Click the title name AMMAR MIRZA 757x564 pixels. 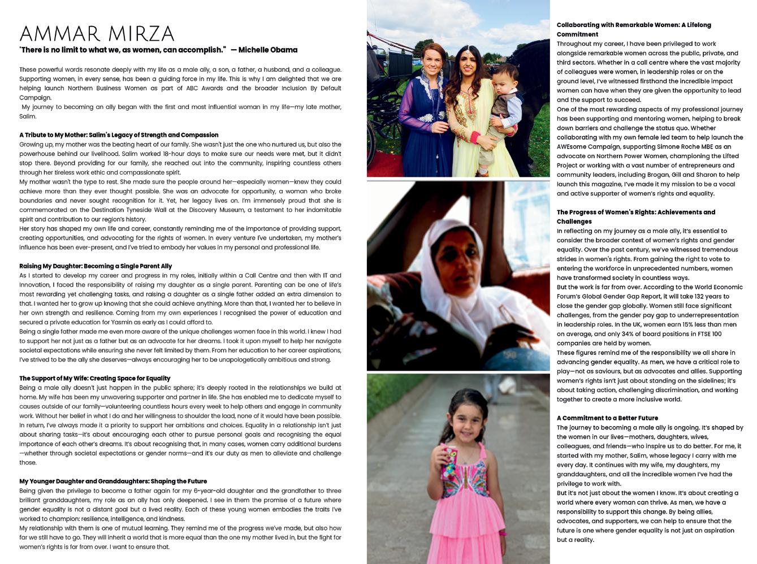click(x=97, y=34)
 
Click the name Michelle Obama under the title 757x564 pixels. click(x=267, y=50)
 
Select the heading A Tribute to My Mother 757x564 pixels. click(x=119, y=135)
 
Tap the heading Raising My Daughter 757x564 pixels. click(x=96, y=266)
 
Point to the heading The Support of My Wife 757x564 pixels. click(x=94, y=379)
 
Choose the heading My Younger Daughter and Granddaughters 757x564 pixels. click(x=113, y=481)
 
